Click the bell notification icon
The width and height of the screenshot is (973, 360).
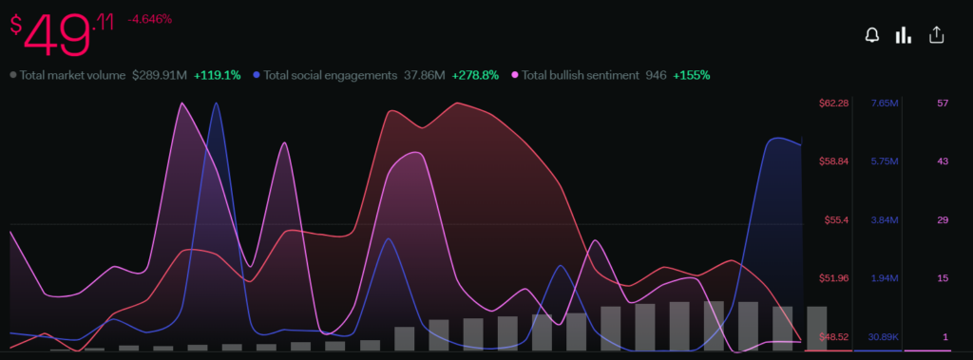pyautogui.click(x=872, y=35)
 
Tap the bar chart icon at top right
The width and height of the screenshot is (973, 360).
pyautogui.click(x=903, y=35)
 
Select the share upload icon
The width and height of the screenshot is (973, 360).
pyautogui.click(x=936, y=35)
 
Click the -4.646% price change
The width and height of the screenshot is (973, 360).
pyautogui.click(x=149, y=19)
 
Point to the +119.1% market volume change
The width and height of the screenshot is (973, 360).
pyautogui.click(x=218, y=75)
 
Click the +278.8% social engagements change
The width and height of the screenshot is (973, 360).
pyautogui.click(x=475, y=75)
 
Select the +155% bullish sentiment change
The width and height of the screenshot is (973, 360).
pyautogui.click(x=692, y=75)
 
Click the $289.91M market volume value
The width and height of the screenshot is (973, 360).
pyautogui.click(x=160, y=75)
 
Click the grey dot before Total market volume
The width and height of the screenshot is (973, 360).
pyautogui.click(x=13, y=75)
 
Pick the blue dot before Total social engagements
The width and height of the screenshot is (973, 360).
pyautogui.click(x=257, y=75)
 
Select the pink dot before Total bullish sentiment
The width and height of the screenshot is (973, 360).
pyautogui.click(x=514, y=75)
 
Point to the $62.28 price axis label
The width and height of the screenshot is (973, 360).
pyautogui.click(x=834, y=103)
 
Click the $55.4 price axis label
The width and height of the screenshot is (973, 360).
pyautogui.click(x=836, y=220)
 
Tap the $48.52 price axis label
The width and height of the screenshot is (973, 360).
pyautogui.click(x=834, y=337)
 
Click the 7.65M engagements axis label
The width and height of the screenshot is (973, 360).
pyautogui.click(x=885, y=103)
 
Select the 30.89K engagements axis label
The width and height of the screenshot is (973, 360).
pyautogui.click(x=883, y=337)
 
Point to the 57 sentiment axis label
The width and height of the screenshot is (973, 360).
pyautogui.click(x=943, y=103)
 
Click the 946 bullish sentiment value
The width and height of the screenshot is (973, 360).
pyautogui.click(x=658, y=75)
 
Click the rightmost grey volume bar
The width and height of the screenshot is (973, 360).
pyautogui.click(x=816, y=329)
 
